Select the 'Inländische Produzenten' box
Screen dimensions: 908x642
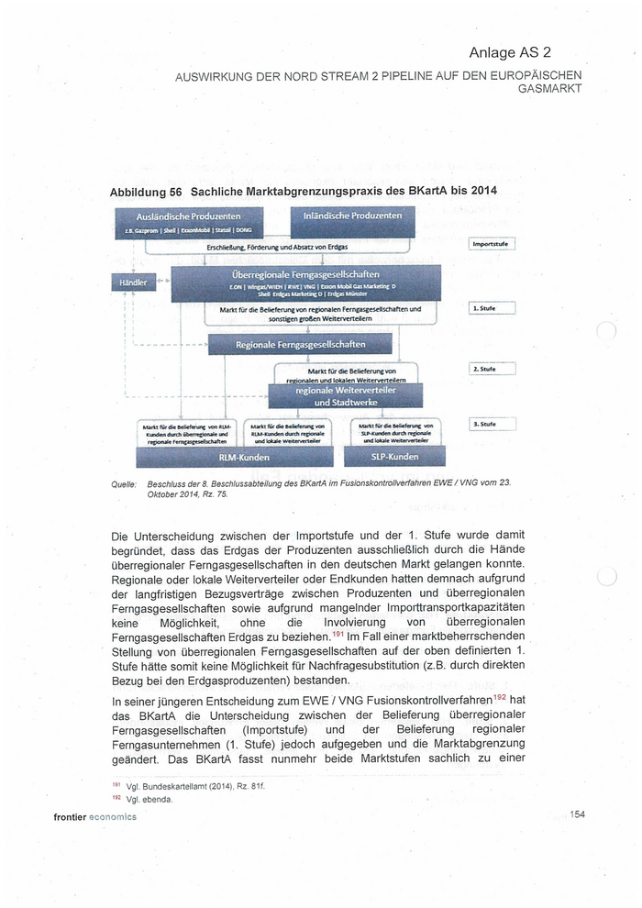click(352, 220)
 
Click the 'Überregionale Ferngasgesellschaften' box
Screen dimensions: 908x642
click(305, 282)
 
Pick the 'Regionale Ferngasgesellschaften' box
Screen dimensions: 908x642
click(301, 345)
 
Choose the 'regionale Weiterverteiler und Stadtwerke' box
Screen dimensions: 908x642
click(333, 395)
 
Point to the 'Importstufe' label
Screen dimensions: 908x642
click(493, 244)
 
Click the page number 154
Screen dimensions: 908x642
click(577, 814)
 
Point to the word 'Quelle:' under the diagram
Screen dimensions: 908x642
click(123, 483)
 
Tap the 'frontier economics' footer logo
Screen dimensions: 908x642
click(94, 816)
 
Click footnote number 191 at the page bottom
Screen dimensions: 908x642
click(116, 786)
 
